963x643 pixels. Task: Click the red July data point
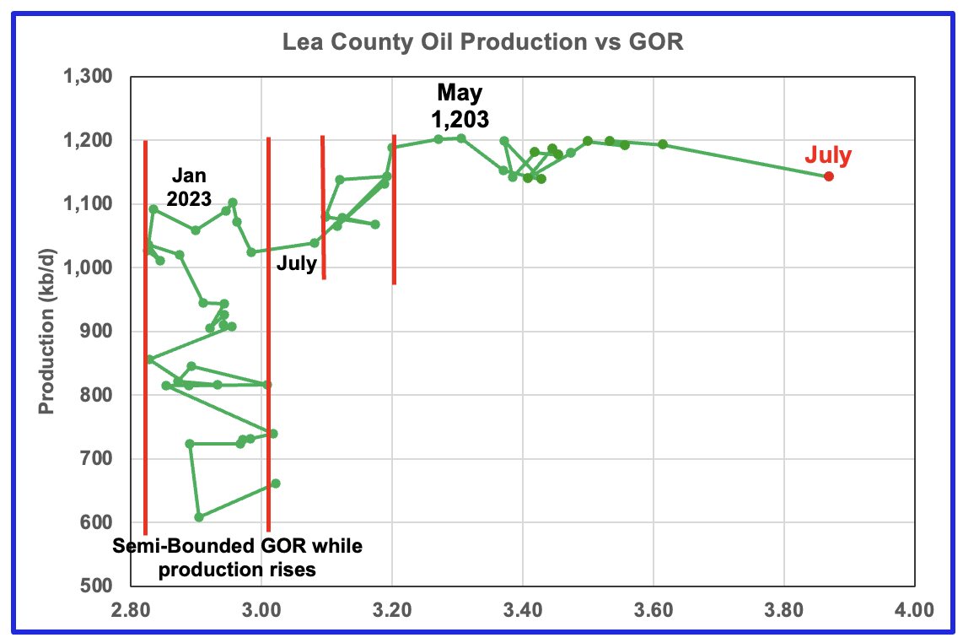coord(829,176)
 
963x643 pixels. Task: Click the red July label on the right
coord(827,155)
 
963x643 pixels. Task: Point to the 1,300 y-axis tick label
coord(89,77)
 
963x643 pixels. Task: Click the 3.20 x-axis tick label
coord(392,608)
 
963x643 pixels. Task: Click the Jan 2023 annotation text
coord(190,187)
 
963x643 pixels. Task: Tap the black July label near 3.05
coord(297,263)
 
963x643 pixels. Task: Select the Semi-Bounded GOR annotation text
coord(238,558)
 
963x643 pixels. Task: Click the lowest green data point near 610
coord(199,517)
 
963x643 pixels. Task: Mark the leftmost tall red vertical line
coord(146,338)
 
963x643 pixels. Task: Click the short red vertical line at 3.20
coord(394,211)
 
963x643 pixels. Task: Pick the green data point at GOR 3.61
coord(663,144)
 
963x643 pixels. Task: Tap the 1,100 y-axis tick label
coord(89,204)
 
